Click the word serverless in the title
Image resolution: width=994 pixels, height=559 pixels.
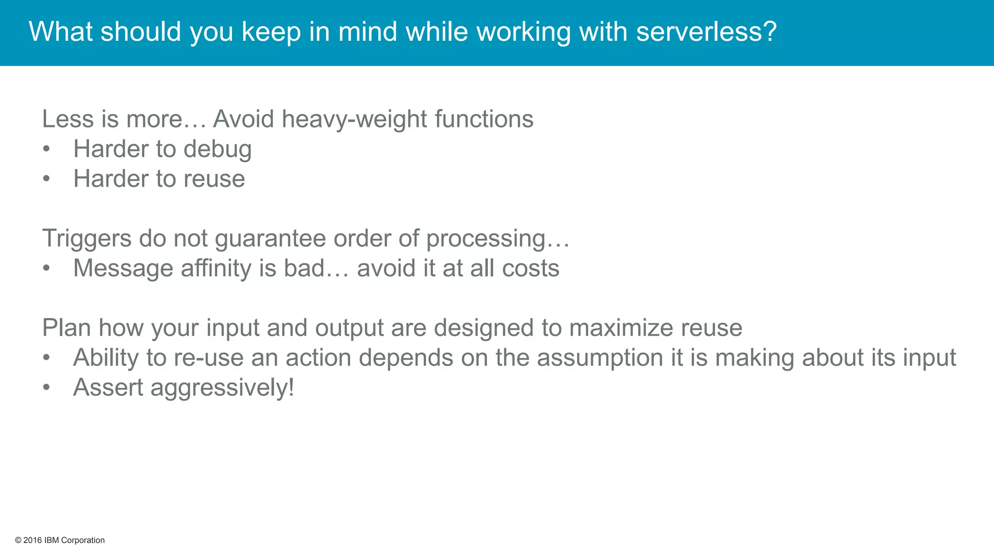tap(706, 32)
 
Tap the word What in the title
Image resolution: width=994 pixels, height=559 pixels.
tap(61, 32)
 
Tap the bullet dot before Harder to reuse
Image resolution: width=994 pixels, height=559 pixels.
tap(47, 179)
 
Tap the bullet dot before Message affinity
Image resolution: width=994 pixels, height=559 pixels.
tap(47, 268)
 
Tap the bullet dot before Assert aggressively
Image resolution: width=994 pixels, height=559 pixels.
tap(47, 388)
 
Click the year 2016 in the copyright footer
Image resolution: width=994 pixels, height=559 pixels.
tap(33, 541)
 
